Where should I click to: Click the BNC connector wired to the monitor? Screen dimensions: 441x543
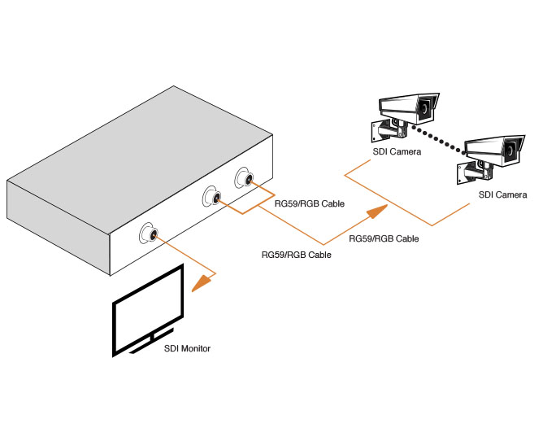point(150,234)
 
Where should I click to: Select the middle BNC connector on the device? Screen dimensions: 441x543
point(214,197)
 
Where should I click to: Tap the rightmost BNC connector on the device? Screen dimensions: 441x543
point(244,179)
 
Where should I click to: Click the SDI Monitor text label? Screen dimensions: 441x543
point(184,349)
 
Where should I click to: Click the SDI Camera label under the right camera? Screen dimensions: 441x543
point(502,195)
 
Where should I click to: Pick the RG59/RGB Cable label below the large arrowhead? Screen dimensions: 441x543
point(384,239)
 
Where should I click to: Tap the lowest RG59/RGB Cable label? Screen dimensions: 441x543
point(296,255)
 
